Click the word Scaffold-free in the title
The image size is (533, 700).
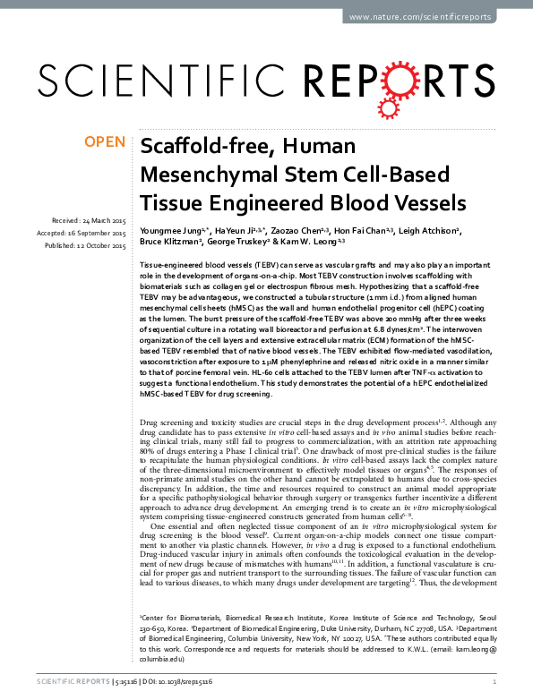coord(202,148)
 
